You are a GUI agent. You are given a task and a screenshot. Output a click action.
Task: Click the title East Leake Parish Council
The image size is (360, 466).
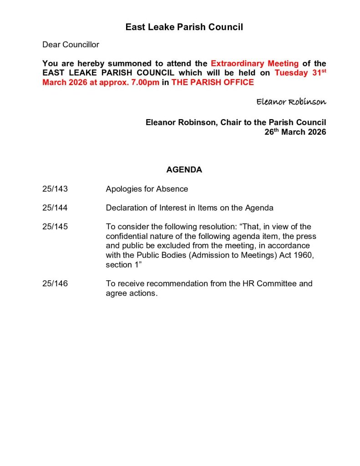pos(184,27)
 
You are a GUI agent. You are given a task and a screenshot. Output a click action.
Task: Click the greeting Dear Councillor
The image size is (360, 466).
pos(71,45)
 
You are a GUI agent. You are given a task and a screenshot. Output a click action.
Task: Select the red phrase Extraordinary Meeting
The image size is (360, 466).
pos(254,64)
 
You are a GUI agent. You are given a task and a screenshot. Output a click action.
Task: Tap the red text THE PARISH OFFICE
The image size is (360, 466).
pos(213,82)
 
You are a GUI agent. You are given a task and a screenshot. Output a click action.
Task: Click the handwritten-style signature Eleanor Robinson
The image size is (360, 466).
pos(291,101)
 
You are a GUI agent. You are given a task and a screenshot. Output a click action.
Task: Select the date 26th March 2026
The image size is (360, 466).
pos(295,132)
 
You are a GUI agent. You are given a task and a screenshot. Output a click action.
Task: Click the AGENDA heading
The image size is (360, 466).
pos(184,170)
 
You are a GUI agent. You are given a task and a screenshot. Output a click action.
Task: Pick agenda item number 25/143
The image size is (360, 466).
pos(55,189)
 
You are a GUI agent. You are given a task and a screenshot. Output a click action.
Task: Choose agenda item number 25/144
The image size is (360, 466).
pos(55,208)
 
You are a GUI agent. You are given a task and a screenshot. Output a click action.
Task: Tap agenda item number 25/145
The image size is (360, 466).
pos(55,227)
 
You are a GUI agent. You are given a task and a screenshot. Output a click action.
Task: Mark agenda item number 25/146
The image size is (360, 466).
pos(55,284)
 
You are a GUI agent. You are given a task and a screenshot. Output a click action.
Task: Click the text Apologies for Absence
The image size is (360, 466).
pos(147,189)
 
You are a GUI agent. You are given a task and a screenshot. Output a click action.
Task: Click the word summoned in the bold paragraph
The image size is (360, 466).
pos(128,64)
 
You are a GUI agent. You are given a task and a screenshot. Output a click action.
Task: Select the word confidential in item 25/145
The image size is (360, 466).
pos(127,236)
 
